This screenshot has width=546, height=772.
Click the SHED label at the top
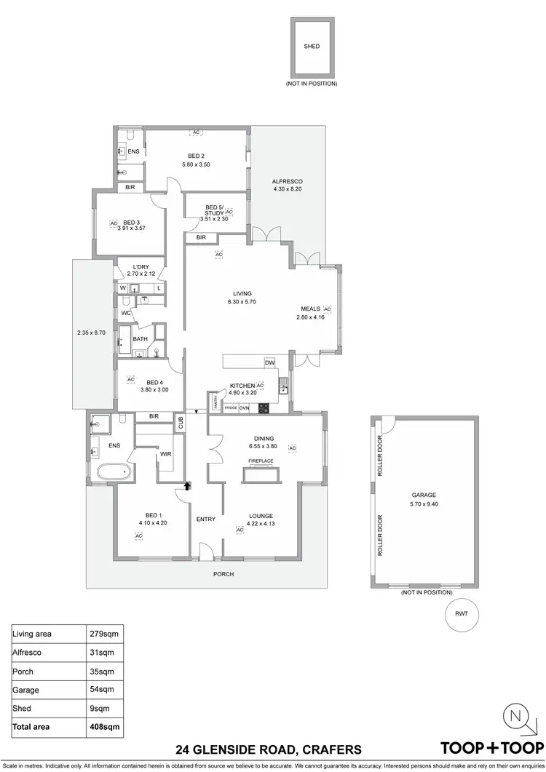click(x=311, y=47)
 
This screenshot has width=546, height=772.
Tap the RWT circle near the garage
click(x=461, y=613)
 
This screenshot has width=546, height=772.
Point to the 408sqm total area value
click(x=106, y=726)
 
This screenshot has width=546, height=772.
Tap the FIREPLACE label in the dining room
click(x=261, y=461)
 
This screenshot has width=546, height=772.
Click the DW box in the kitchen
click(x=269, y=362)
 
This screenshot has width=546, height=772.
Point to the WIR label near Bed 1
click(x=166, y=454)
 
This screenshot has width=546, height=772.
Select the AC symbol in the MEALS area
click(x=327, y=309)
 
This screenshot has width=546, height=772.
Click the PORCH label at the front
click(x=223, y=574)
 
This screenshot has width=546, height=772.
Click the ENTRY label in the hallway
click(x=205, y=519)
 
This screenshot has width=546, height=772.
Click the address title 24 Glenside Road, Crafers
click(x=269, y=749)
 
